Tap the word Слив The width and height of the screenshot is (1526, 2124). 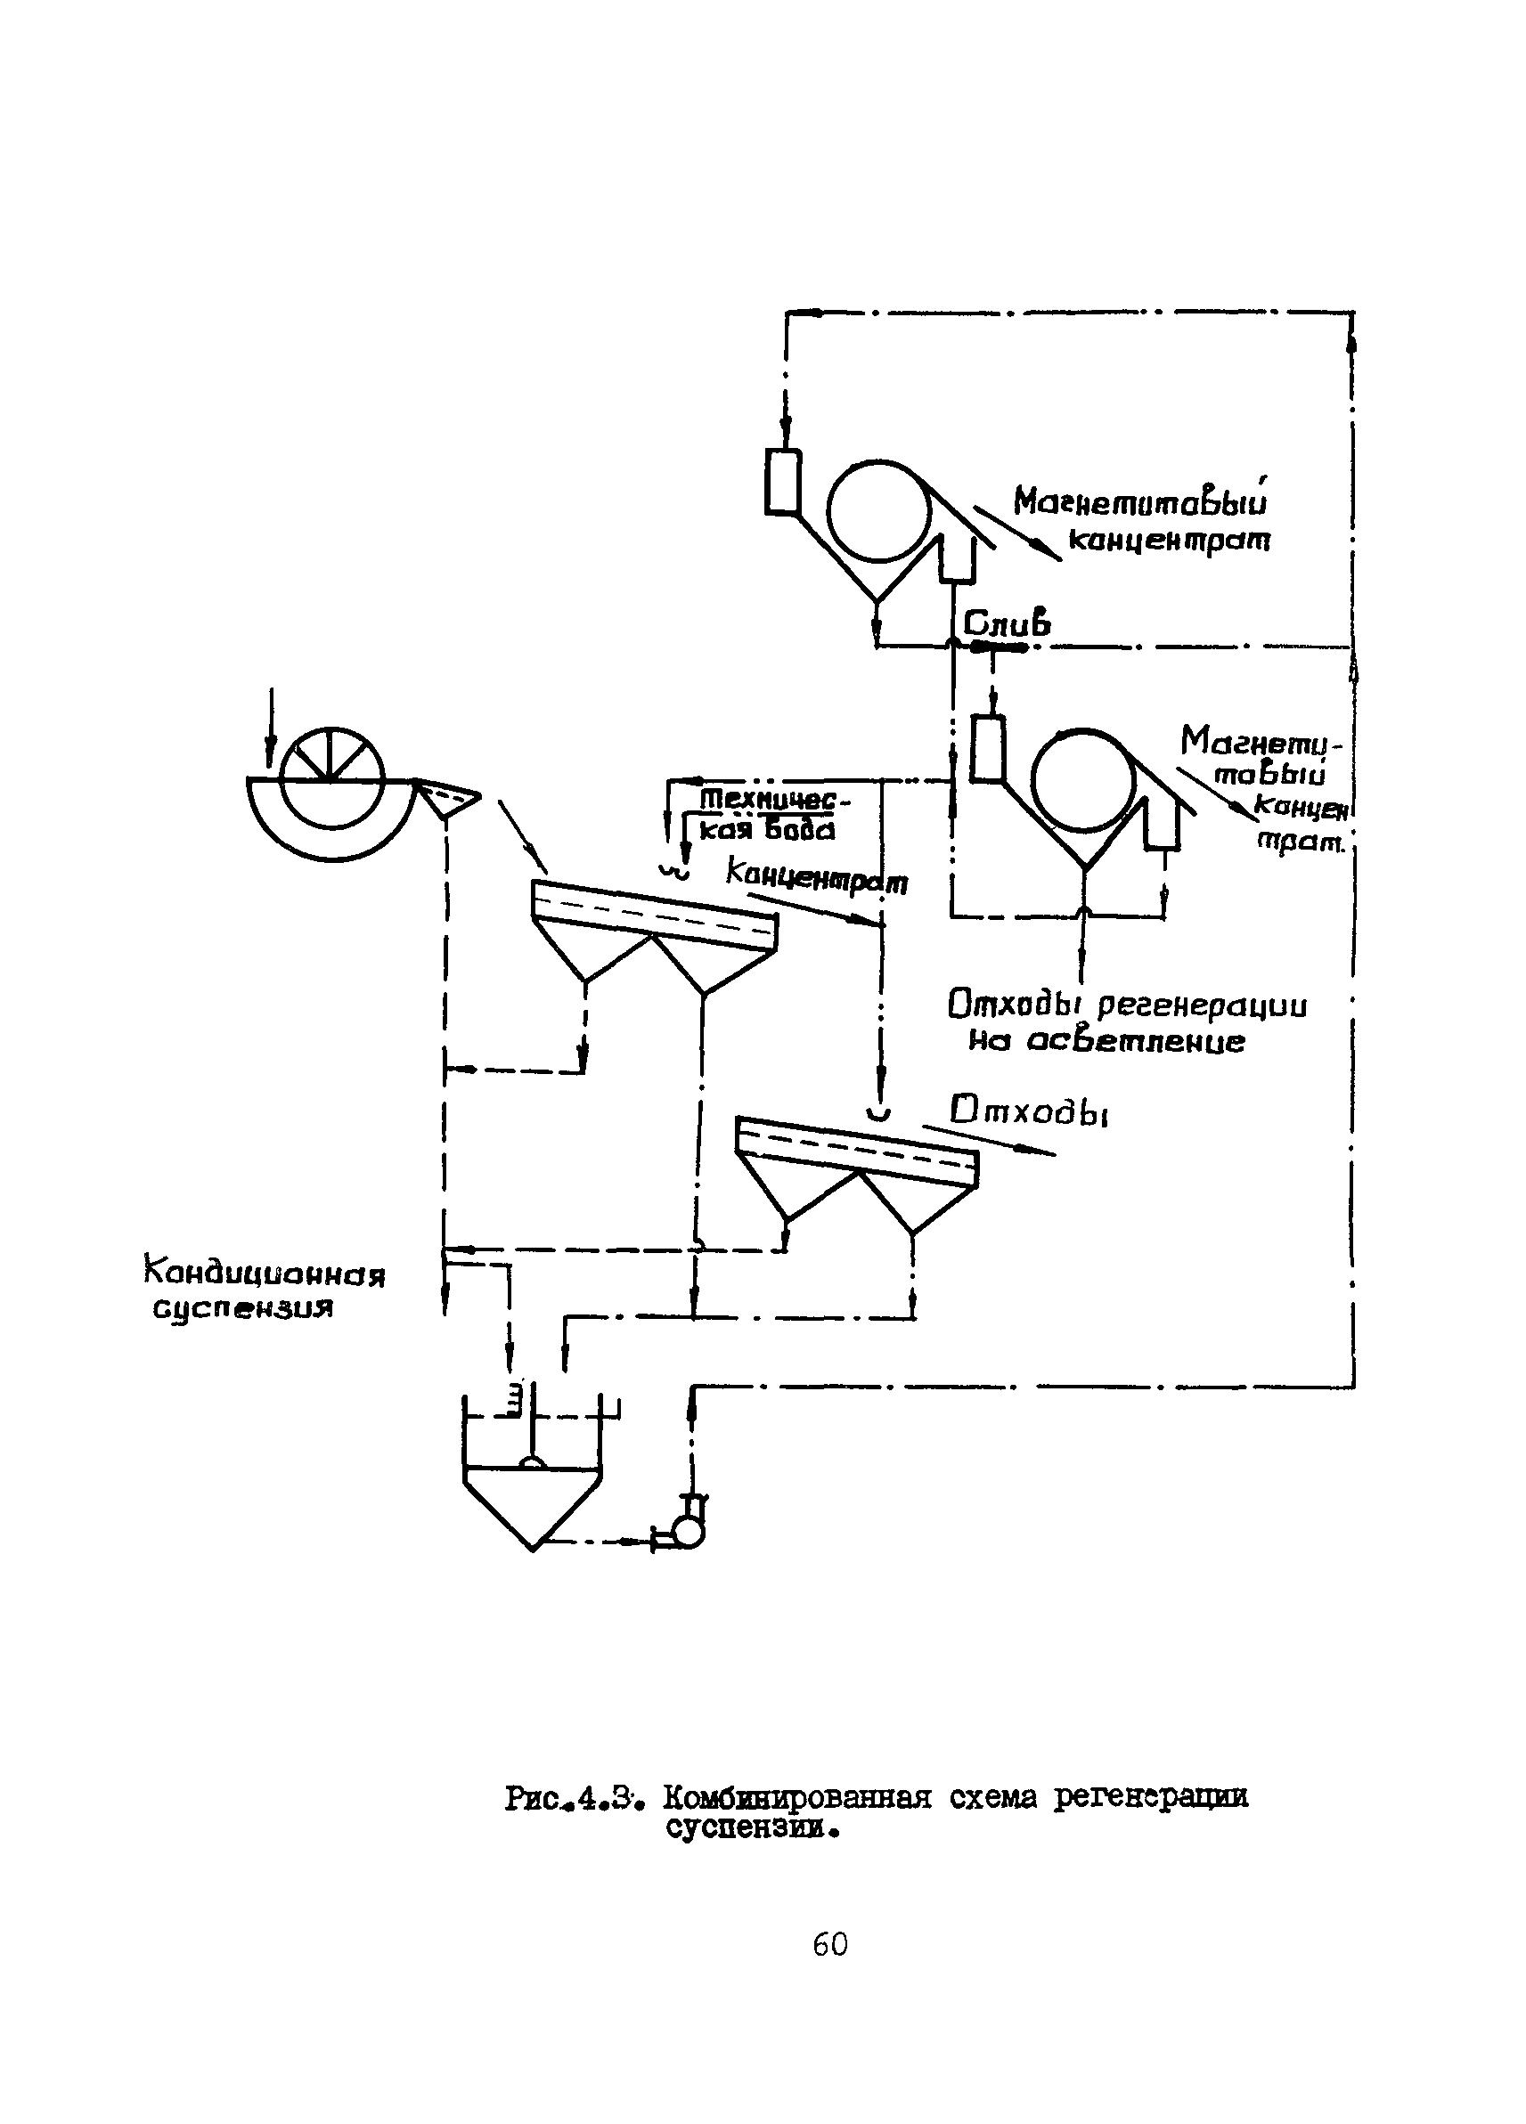click(x=1006, y=623)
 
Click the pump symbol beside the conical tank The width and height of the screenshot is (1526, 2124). click(x=690, y=1530)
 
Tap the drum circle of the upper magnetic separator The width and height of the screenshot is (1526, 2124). click(x=878, y=511)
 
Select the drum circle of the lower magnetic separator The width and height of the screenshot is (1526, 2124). click(x=1083, y=779)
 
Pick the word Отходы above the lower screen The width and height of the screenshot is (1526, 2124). click(x=1029, y=1112)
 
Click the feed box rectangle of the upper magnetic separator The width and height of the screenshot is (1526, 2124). click(x=782, y=482)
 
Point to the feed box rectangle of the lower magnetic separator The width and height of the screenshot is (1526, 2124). click(x=987, y=747)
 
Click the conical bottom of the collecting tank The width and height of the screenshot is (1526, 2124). click(x=532, y=1504)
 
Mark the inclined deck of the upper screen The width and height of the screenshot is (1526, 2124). click(x=654, y=915)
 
